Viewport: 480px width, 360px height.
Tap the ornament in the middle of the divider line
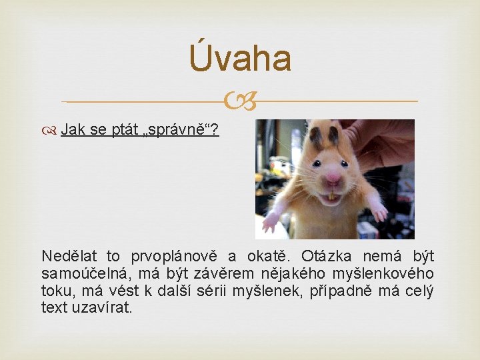point(239,102)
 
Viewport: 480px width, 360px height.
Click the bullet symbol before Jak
point(52,130)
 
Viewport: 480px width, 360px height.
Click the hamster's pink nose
point(333,177)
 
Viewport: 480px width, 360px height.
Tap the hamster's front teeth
point(331,196)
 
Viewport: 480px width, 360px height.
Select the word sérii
point(230,291)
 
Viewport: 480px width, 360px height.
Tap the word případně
point(346,291)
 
